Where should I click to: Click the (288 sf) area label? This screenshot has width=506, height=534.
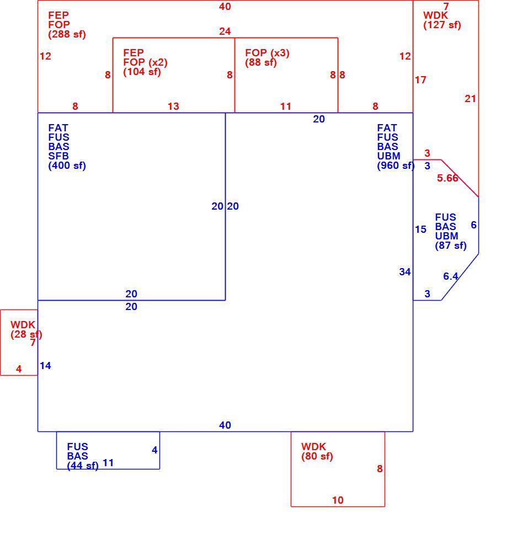[x=67, y=34]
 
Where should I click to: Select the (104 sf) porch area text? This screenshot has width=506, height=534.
[x=142, y=72]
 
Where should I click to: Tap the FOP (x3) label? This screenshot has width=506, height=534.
[x=267, y=53]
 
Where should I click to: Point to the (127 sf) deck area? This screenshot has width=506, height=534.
[x=442, y=25]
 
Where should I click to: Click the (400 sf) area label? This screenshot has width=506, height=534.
[x=67, y=166]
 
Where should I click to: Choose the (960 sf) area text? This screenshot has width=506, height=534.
[x=396, y=166]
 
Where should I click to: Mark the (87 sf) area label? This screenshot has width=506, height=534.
[x=450, y=245]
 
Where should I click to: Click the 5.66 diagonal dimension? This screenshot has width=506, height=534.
[x=448, y=178]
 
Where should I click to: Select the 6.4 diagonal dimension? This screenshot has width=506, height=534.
[x=450, y=276]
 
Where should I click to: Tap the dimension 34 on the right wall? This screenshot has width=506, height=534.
[x=405, y=272]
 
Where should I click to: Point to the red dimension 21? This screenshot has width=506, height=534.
[x=470, y=99]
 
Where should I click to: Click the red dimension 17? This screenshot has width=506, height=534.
[x=420, y=80]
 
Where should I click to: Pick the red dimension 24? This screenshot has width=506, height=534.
[x=225, y=31]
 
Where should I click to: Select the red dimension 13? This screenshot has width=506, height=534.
[x=173, y=106]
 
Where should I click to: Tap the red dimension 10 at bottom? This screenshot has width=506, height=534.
[x=338, y=500]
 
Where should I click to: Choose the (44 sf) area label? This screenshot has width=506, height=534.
[x=82, y=466]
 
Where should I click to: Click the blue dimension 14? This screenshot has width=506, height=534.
[x=45, y=366]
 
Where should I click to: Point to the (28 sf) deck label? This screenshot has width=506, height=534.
[x=26, y=335]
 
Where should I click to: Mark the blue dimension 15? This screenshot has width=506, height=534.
[x=420, y=229]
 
